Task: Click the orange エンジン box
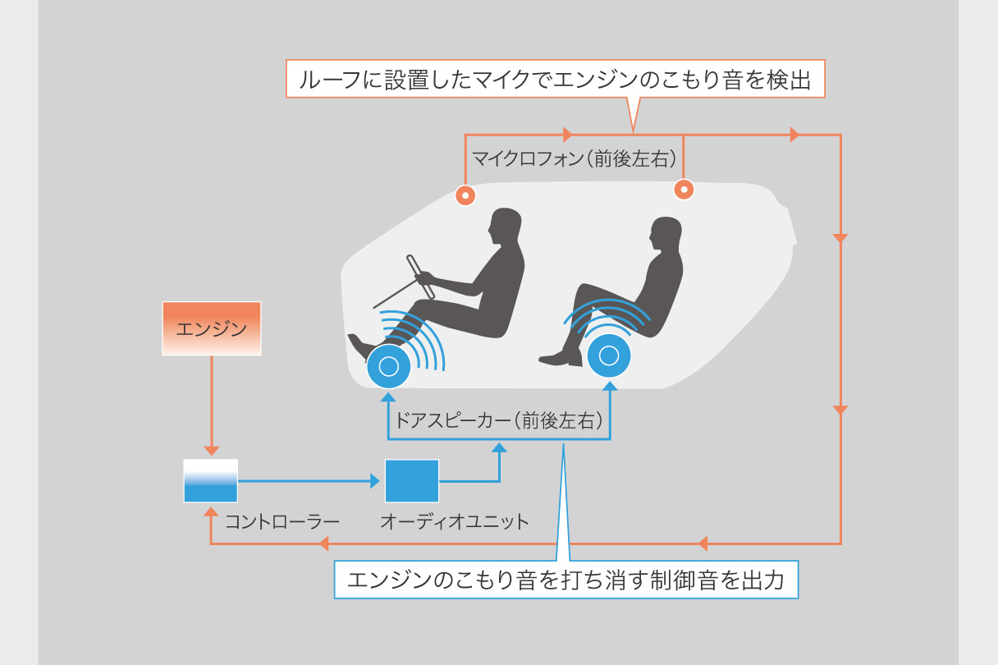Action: pyautogui.click(x=211, y=328)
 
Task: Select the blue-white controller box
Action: pyautogui.click(x=210, y=480)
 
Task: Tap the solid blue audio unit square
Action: pyautogui.click(x=412, y=480)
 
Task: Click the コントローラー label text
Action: pyautogui.click(x=270, y=521)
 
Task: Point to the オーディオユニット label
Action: pyautogui.click(x=454, y=521)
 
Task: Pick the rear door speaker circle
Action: pyautogui.click(x=609, y=355)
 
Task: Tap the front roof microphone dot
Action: pyautogui.click(x=465, y=195)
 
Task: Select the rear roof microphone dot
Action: pyautogui.click(x=684, y=190)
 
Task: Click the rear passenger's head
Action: pyautogui.click(x=666, y=235)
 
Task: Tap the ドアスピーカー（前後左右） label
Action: pyautogui.click(x=499, y=422)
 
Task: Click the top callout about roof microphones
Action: pyautogui.click(x=555, y=80)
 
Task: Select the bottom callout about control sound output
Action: pyautogui.click(x=566, y=580)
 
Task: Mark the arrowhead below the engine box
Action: pyautogui.click(x=211, y=451)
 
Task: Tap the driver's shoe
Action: pyautogui.click(x=361, y=346)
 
